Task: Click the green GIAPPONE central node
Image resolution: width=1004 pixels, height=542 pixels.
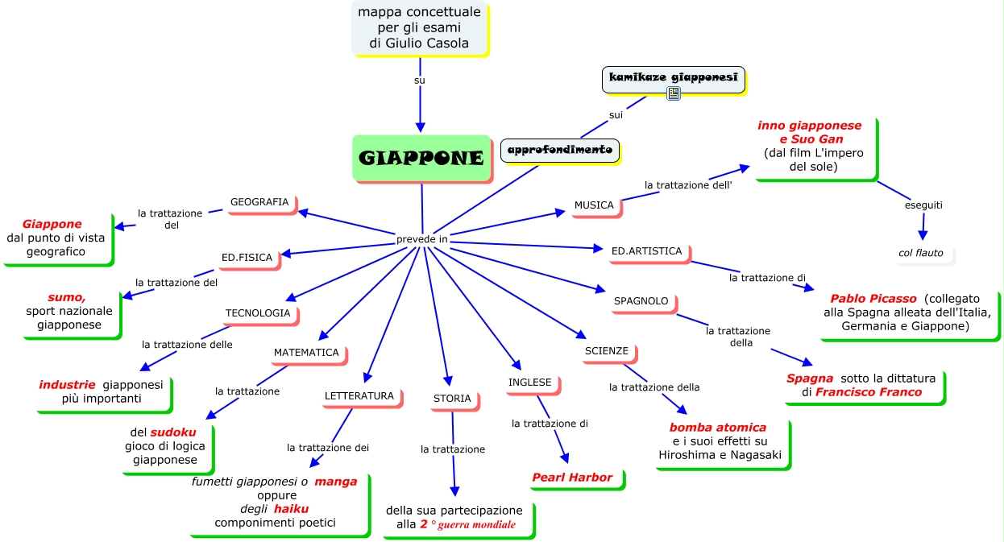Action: (x=421, y=158)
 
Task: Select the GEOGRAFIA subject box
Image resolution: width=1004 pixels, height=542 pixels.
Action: (x=259, y=202)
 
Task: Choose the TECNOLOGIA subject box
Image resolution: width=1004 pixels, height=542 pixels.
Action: (x=258, y=313)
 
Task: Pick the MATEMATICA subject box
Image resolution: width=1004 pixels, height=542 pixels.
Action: (x=306, y=353)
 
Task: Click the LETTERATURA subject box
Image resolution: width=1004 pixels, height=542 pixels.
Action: (x=359, y=396)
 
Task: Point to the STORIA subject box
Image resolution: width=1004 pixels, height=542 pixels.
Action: (x=452, y=399)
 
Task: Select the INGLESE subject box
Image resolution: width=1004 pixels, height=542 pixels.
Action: (x=530, y=383)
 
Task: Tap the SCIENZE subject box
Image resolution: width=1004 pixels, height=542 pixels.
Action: (x=607, y=352)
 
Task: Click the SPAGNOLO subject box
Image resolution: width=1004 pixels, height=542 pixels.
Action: (x=641, y=301)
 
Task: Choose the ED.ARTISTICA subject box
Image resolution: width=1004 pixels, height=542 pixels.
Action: (x=647, y=251)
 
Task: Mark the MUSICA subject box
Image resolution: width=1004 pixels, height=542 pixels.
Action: (x=594, y=205)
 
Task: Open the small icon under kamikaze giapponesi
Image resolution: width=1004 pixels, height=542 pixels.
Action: (x=674, y=94)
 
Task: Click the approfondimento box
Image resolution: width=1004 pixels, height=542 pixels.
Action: (x=560, y=150)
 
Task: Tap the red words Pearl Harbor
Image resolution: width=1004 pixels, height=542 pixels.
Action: (x=572, y=478)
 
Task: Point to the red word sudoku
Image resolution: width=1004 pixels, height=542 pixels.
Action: (x=173, y=432)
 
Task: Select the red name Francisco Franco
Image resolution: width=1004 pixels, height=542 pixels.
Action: (x=869, y=392)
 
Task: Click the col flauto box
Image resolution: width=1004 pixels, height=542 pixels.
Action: (x=921, y=253)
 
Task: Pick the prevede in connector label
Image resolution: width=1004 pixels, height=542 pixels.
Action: (x=422, y=240)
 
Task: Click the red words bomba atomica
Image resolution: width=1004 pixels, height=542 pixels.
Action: (x=718, y=428)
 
